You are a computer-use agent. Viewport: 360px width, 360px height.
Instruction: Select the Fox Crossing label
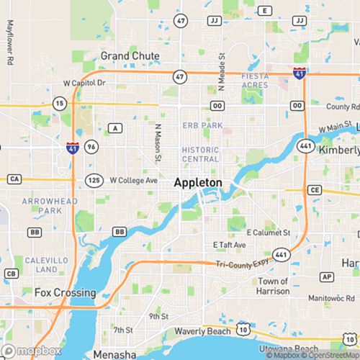(x=65, y=293)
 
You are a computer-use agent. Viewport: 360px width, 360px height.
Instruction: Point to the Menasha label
(x=114, y=355)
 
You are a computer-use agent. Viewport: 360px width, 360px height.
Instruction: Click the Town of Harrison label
(x=274, y=286)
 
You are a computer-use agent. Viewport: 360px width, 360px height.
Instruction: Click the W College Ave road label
(x=132, y=179)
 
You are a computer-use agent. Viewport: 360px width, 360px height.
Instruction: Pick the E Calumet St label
(x=268, y=233)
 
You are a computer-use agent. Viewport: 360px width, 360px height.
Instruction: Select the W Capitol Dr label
(x=84, y=83)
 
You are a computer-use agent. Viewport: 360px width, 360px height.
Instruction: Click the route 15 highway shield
(x=59, y=104)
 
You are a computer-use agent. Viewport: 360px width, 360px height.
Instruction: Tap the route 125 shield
(x=93, y=179)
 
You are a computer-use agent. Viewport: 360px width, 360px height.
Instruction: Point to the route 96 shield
(x=90, y=146)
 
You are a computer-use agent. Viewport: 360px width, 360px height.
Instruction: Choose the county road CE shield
(x=314, y=190)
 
